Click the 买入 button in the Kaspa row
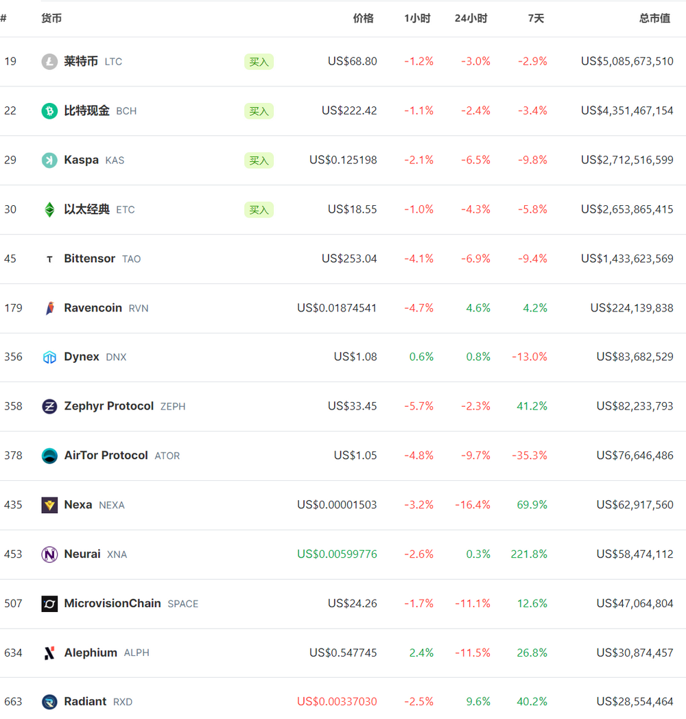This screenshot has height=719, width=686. (259, 161)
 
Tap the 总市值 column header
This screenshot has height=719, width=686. (654, 19)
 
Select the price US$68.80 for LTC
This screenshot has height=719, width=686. (352, 61)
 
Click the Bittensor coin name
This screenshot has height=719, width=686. (89, 259)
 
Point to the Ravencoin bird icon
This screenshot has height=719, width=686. (49, 308)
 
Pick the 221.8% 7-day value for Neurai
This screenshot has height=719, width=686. (529, 554)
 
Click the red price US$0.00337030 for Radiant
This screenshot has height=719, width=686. (337, 701)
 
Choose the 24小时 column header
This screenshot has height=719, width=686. (471, 19)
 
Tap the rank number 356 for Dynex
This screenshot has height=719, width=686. (13, 357)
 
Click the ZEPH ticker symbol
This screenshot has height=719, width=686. (173, 406)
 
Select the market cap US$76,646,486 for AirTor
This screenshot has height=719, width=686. (635, 456)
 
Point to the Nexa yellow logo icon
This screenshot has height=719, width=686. (49, 505)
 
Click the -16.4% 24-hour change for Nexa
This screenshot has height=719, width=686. (473, 505)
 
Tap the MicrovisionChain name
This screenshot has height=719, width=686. (113, 603)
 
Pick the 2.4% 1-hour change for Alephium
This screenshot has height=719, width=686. (421, 652)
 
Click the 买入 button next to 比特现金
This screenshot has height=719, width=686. (259, 111)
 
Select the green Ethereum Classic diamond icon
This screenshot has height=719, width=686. (49, 209)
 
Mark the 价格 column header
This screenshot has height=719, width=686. (363, 19)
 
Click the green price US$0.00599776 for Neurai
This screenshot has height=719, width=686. (337, 554)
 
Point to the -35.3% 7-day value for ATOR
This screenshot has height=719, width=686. (532, 456)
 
